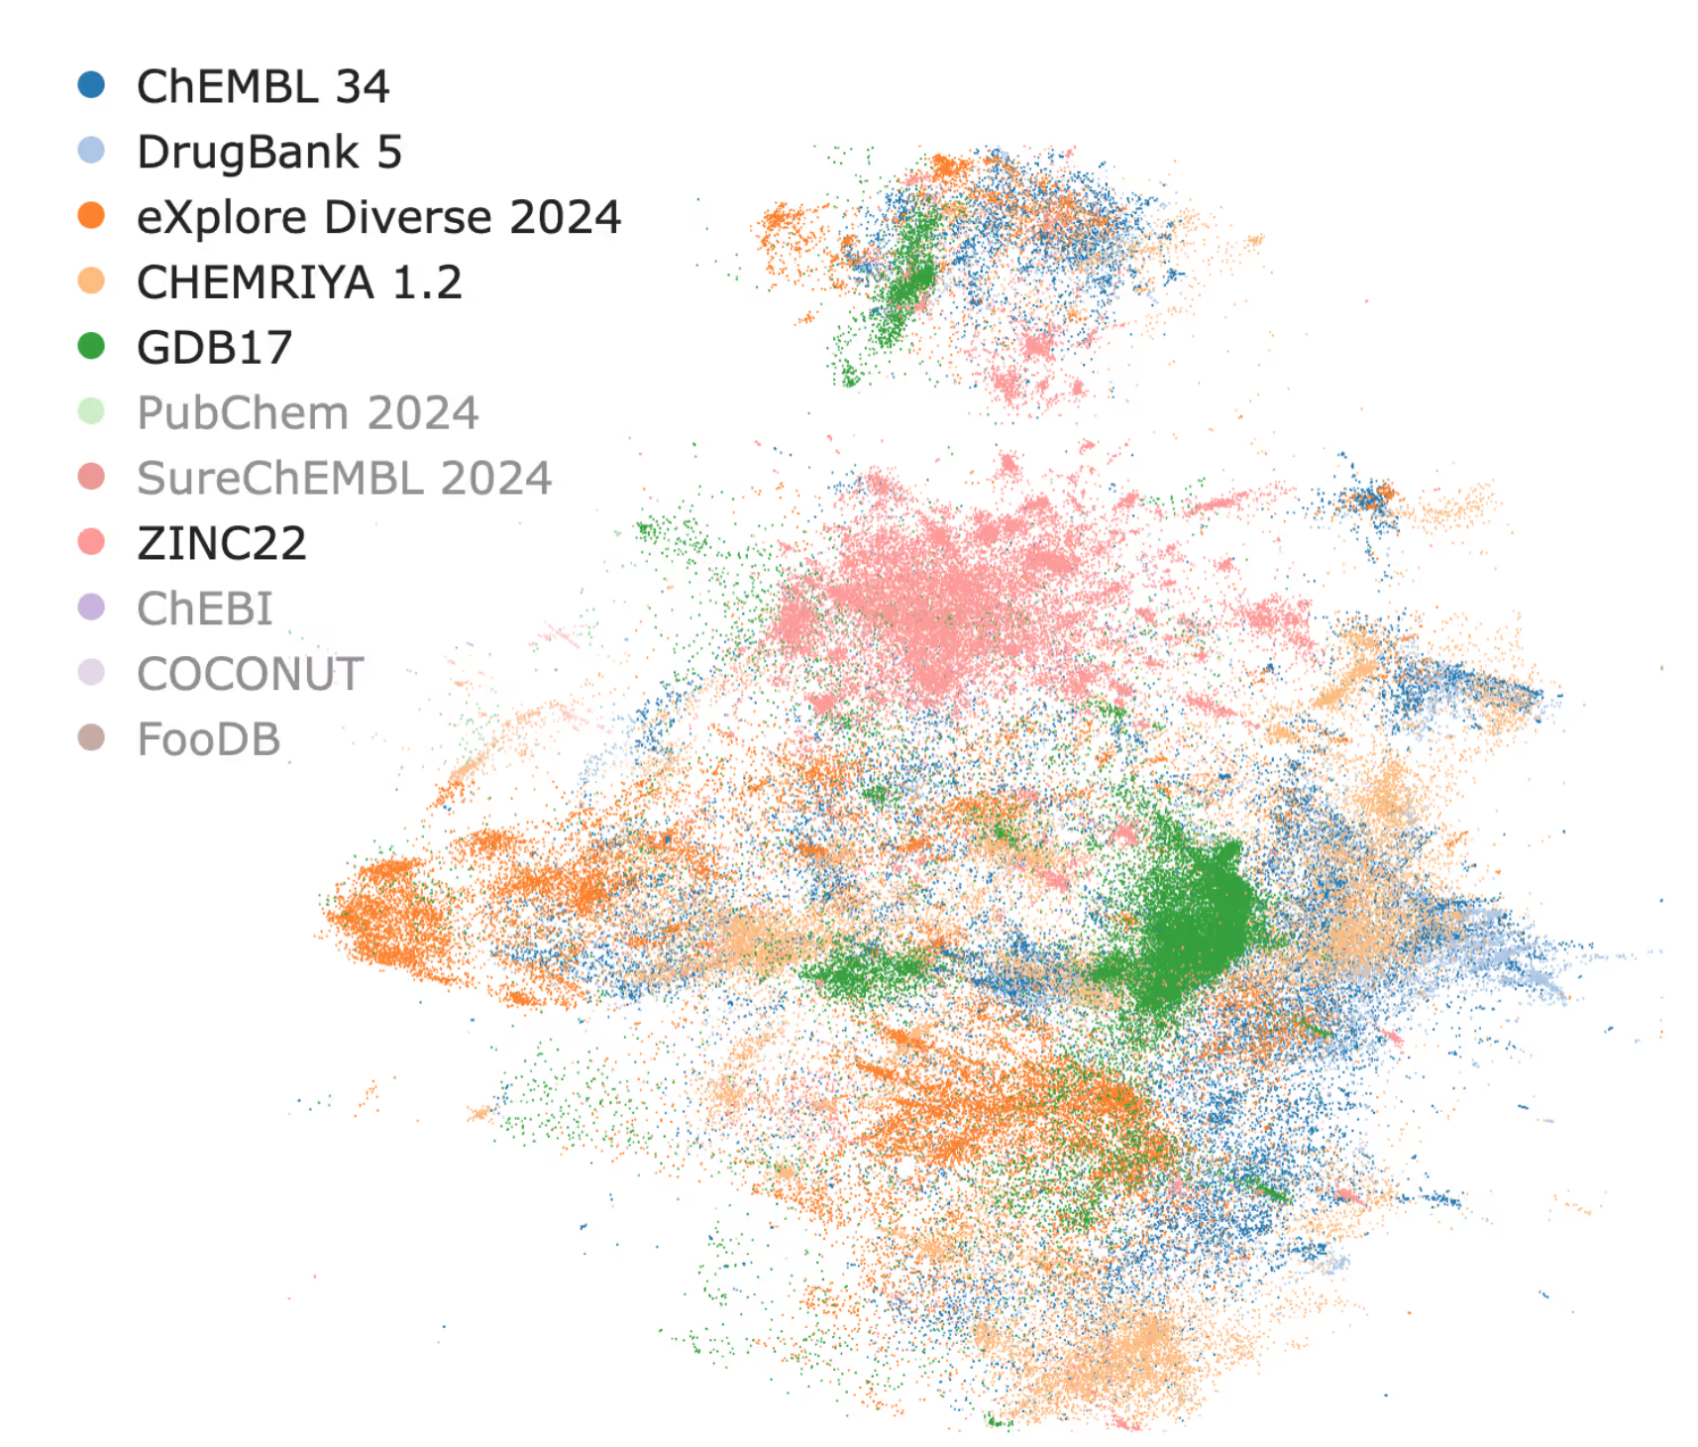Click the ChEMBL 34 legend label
pos(263,87)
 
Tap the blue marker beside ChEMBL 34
pos(91,85)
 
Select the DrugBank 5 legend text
pos(268,153)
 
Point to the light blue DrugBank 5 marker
pos(91,151)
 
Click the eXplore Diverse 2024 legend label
pos(378,218)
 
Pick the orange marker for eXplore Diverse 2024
pos(91,216)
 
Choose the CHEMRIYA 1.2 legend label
pos(299,283)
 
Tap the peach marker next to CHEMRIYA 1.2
pos(91,281)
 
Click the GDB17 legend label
pos(214,348)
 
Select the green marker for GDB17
pos(91,346)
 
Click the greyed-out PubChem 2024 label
pos(307,413)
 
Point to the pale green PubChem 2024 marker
pos(91,411)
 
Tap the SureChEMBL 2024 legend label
pos(344,479)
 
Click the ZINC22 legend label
pos(222,544)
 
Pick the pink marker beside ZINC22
pos(91,542)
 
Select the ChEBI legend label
pos(204,610)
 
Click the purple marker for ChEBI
pos(91,608)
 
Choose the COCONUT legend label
pos(250,675)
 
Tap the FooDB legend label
pos(208,740)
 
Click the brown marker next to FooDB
pos(91,738)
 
